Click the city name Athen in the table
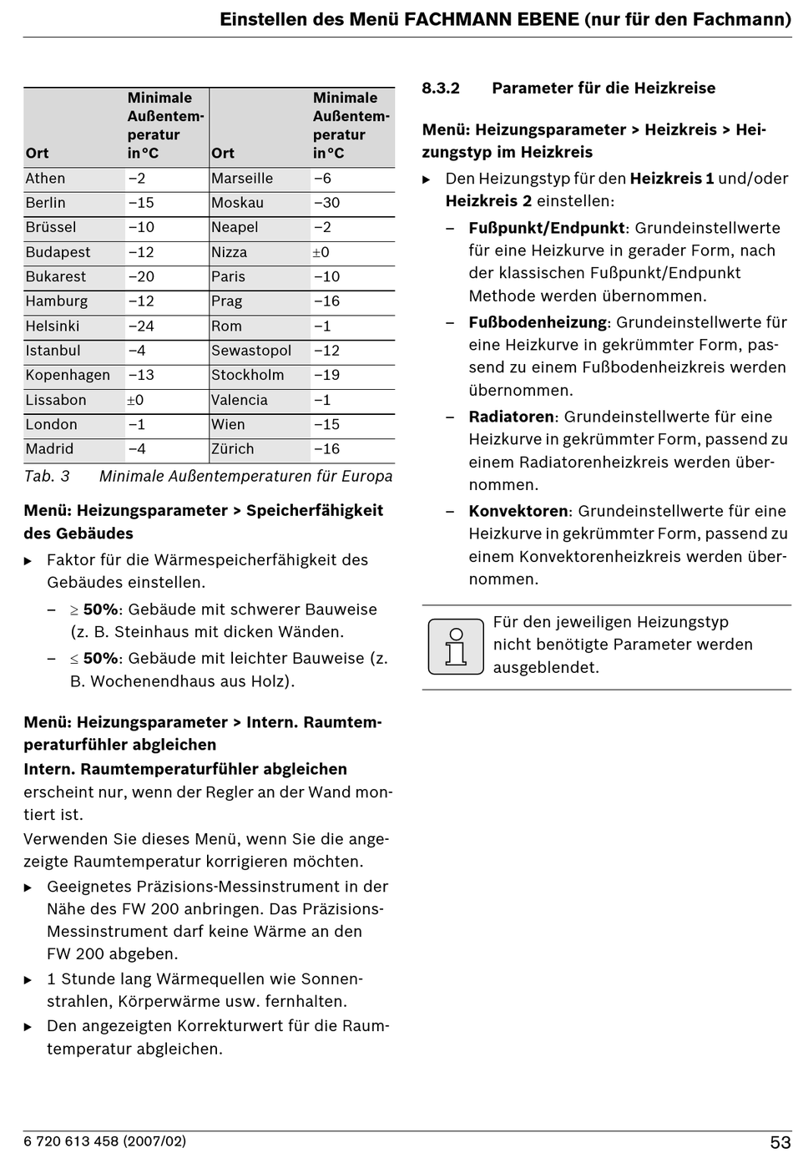[45, 179]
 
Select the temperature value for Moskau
[326, 203]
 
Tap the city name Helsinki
[53, 326]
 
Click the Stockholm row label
[247, 376]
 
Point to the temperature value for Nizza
[321, 252]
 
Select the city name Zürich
[232, 449]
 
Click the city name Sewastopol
[251, 351]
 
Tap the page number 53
[780, 1142]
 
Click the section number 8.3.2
[441, 88]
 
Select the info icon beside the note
[456, 646]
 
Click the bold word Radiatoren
[511, 417]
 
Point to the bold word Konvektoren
[518, 511]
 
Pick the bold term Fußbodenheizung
[538, 322]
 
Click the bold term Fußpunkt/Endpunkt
[546, 228]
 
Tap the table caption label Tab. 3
[47, 477]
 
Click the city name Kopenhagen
[68, 376]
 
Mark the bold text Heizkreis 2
[488, 201]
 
